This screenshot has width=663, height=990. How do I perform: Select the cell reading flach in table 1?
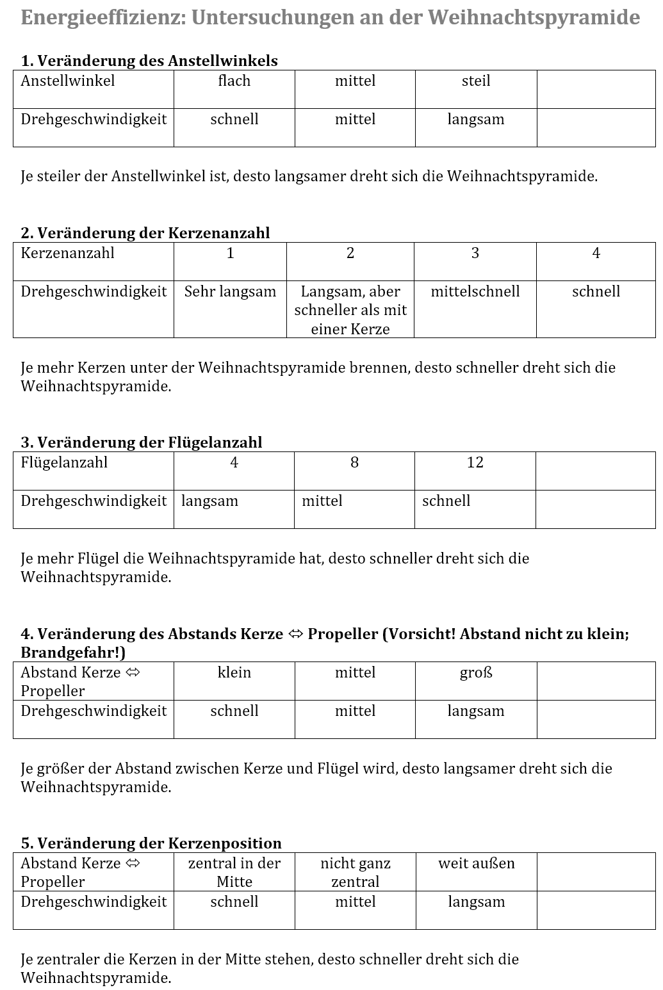pyautogui.click(x=234, y=81)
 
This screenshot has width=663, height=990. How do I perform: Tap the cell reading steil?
pyautogui.click(x=475, y=81)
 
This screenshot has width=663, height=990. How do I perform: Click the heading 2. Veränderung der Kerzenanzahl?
pyautogui.click(x=145, y=233)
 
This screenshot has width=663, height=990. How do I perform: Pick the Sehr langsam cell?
pyautogui.click(x=230, y=292)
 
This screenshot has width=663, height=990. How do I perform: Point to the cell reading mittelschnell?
pyautogui.click(x=475, y=292)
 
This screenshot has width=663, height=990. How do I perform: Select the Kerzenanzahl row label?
pyautogui.click(x=67, y=253)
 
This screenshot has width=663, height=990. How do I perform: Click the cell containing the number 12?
pyautogui.click(x=475, y=463)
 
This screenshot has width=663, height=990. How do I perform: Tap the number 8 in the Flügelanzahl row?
pyautogui.click(x=354, y=463)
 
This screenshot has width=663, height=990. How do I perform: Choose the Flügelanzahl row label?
pyautogui.click(x=64, y=463)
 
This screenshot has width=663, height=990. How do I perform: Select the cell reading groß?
pyautogui.click(x=475, y=673)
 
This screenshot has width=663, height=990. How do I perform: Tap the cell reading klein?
pyautogui.click(x=234, y=673)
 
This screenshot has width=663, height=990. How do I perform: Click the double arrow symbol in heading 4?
pyautogui.click(x=295, y=635)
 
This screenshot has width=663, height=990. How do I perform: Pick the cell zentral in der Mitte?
pyautogui.click(x=234, y=872)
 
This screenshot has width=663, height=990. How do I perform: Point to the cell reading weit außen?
pyautogui.click(x=476, y=864)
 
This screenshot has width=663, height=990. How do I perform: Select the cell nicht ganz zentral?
pyautogui.click(x=355, y=872)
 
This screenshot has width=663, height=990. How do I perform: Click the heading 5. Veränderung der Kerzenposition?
pyautogui.click(x=151, y=843)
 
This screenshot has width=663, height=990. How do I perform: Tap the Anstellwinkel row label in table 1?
pyautogui.click(x=68, y=81)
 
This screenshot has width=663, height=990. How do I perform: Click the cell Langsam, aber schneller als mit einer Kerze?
pyautogui.click(x=350, y=311)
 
